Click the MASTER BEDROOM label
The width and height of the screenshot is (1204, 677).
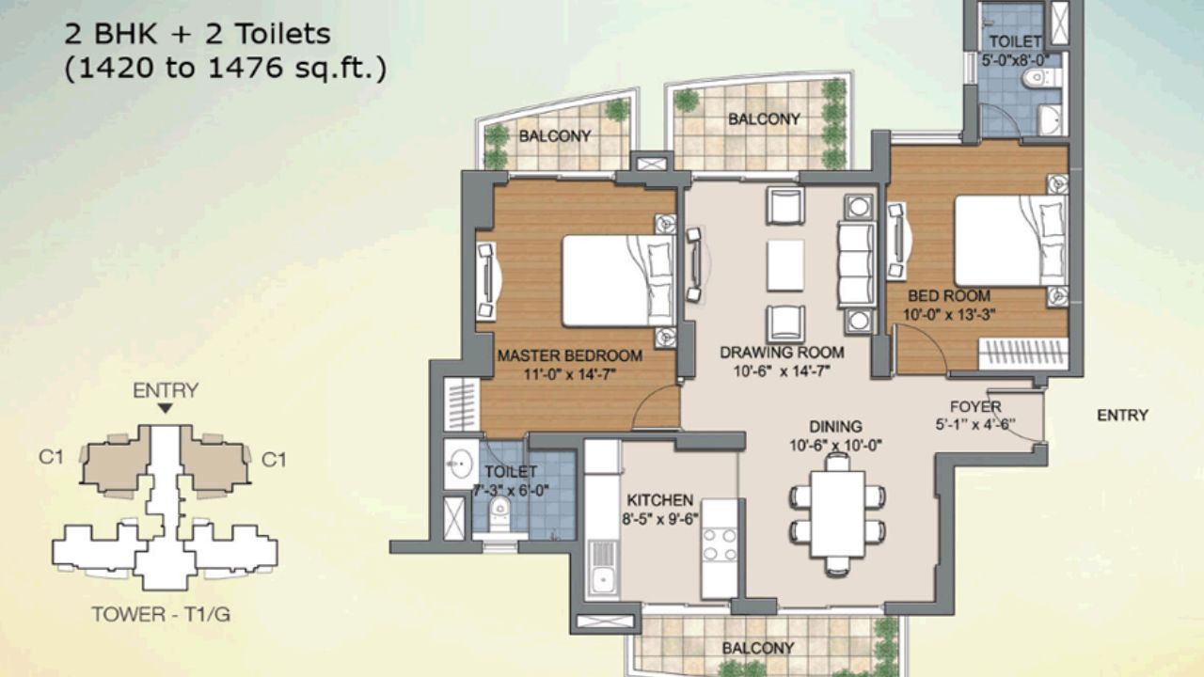569,355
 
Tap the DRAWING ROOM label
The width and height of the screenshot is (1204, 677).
782,353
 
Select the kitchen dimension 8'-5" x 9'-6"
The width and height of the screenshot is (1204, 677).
659,518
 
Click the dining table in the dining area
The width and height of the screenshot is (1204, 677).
837,512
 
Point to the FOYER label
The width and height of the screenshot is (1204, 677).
974,406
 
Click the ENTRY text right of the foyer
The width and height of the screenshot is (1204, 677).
1122,415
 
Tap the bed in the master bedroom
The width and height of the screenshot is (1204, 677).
616,280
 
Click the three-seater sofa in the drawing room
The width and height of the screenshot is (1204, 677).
856,264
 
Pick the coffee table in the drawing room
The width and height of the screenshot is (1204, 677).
784,265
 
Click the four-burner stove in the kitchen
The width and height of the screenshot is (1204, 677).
720,544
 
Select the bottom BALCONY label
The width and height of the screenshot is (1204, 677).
758,648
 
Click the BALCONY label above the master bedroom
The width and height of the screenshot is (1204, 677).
555,135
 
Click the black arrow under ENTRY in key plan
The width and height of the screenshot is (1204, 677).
165,408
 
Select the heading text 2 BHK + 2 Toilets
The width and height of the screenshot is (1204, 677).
198,35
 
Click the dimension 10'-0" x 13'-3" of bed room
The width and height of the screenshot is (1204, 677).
948,315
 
